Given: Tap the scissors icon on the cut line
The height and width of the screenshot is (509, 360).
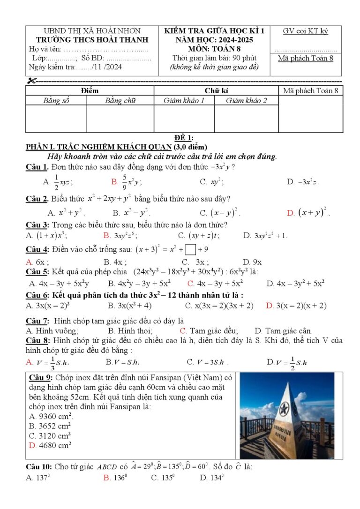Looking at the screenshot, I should [31, 81].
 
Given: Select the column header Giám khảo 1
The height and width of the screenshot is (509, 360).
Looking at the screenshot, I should [184, 100].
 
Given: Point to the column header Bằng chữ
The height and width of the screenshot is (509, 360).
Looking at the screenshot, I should [120, 100].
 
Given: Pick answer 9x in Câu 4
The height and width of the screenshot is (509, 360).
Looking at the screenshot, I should [253, 262].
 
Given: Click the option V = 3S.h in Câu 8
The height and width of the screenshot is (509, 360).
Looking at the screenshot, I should [208, 362].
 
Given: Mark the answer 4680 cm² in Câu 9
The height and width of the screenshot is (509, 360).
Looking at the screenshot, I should [50, 445].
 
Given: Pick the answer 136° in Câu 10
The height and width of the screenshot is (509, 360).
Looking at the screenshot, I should [115, 478].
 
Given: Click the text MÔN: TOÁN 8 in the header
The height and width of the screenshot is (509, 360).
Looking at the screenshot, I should [214, 48].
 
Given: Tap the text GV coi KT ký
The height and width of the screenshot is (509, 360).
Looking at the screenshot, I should [305, 31].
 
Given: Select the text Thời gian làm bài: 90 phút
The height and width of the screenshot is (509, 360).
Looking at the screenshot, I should [214, 58].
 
